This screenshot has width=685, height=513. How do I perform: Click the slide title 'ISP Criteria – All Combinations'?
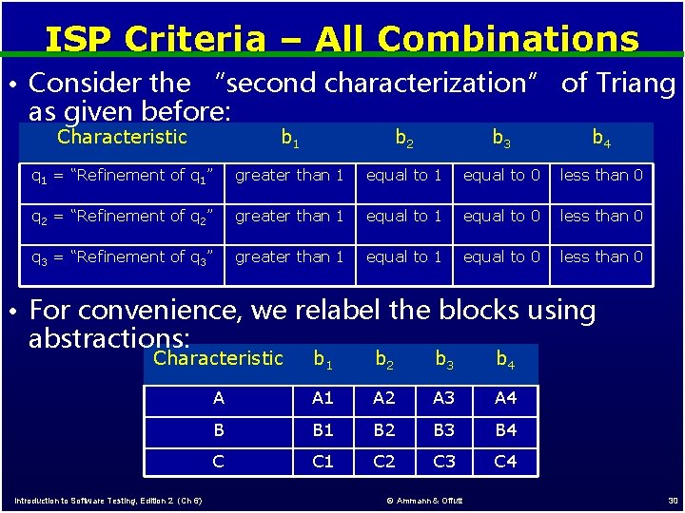[x=342, y=39]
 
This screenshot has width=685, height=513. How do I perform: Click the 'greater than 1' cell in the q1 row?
[x=289, y=175]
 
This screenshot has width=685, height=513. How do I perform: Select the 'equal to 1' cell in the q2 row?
[x=404, y=216]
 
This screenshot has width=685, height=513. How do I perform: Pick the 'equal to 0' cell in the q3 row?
[x=501, y=256]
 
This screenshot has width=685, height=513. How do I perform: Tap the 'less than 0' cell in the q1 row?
[x=601, y=175]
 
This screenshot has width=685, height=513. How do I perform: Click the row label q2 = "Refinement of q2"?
[x=122, y=217]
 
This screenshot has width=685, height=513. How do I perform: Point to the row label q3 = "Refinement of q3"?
[x=122, y=257]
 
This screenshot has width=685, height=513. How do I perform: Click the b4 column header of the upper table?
[x=601, y=139]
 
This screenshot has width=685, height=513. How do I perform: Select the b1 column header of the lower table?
[x=323, y=359]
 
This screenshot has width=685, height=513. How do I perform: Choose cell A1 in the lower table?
[x=323, y=398]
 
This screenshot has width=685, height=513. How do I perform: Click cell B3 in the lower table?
[x=445, y=429]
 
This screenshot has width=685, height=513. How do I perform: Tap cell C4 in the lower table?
[x=506, y=462]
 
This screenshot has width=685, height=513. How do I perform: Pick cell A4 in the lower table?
[x=506, y=398]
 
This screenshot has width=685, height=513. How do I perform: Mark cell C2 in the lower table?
[x=384, y=462]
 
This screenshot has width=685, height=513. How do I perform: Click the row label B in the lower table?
[x=219, y=429]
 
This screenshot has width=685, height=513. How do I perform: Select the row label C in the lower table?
[x=219, y=462]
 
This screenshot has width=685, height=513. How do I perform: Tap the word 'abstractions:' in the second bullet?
[x=109, y=338]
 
